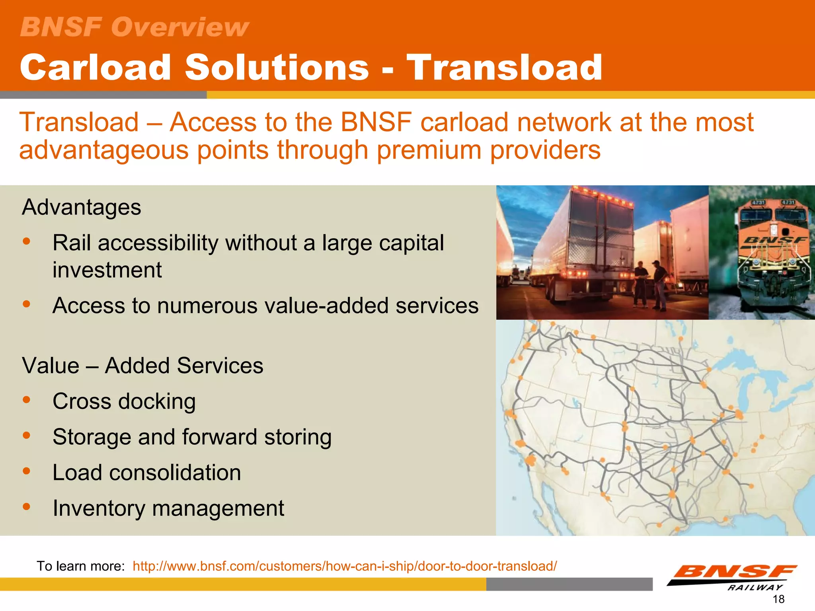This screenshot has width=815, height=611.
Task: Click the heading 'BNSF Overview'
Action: tap(135, 27)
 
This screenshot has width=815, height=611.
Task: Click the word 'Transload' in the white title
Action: tap(504, 68)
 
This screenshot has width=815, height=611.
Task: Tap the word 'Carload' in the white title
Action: tap(96, 68)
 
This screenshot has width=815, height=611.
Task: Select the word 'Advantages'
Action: tap(82, 207)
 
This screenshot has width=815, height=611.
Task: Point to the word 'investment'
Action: tap(107, 270)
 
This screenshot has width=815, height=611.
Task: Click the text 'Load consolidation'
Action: tap(147, 473)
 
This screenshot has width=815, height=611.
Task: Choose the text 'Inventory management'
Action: tap(168, 508)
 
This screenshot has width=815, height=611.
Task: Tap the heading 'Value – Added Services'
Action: tap(142, 366)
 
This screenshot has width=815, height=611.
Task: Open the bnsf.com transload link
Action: tap(345, 566)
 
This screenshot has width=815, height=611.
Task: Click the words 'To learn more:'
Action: tap(81, 566)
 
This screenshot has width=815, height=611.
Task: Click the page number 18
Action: tap(778, 599)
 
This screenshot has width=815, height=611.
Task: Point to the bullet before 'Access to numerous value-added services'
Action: tap(27, 304)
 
